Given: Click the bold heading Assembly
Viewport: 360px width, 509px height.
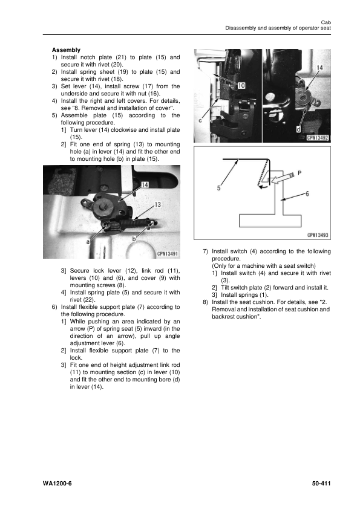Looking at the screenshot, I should point(66,50).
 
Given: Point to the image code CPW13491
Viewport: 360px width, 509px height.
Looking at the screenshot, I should point(164,254).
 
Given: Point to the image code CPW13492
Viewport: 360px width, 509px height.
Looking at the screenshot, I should point(316,138).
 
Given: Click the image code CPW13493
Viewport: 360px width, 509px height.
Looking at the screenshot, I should point(316,235).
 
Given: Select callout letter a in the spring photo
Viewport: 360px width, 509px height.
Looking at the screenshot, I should point(88,241).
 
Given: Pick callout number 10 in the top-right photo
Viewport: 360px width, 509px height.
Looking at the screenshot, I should point(240,85).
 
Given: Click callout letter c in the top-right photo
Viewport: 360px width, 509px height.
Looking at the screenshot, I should point(200,120).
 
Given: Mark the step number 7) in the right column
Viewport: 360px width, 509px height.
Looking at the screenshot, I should point(205,251).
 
